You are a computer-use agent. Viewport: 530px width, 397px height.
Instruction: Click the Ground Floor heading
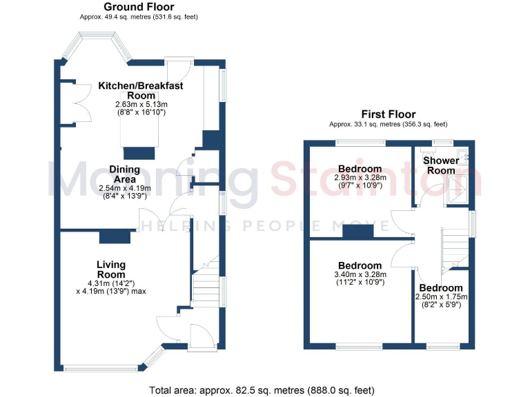(x=139, y=7)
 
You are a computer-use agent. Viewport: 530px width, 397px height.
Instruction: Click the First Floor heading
(x=388, y=114)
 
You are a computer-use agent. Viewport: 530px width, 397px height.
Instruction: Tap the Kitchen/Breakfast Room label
(x=141, y=90)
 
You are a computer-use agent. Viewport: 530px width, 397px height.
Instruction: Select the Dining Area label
(x=124, y=174)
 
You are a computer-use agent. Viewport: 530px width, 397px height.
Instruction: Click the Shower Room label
(x=440, y=165)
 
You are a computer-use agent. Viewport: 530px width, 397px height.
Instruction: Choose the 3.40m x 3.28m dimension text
(x=360, y=278)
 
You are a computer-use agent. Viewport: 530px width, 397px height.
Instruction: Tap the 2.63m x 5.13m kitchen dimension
(x=141, y=108)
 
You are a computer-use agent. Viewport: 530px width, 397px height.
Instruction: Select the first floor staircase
(x=453, y=246)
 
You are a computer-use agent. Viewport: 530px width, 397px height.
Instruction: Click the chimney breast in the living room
(x=113, y=237)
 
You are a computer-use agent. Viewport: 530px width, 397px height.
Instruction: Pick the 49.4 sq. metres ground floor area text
(x=139, y=17)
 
